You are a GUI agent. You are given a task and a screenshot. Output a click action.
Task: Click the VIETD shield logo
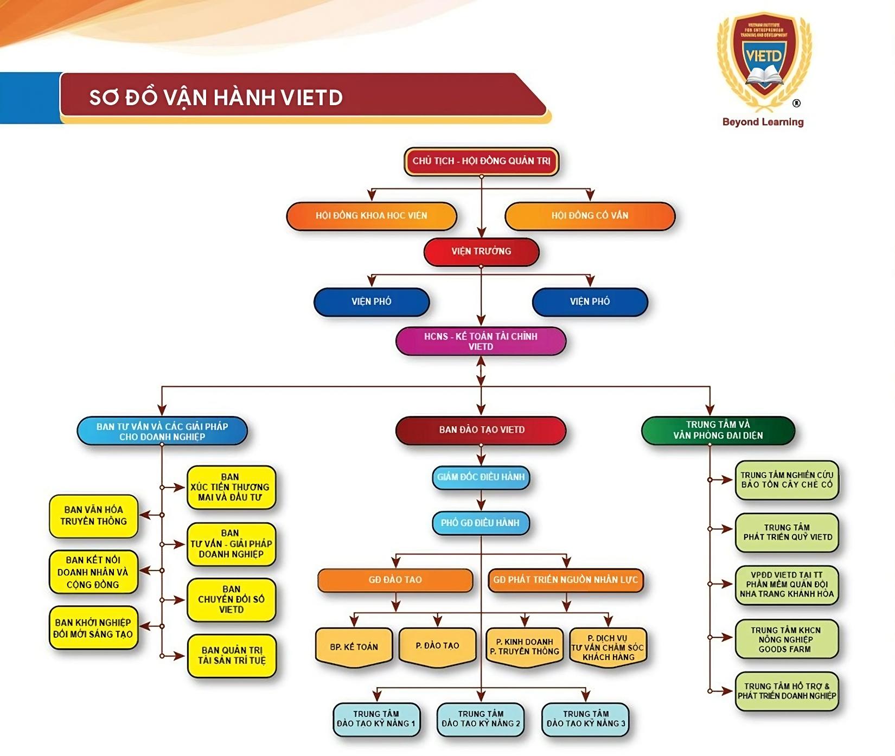coord(764,60)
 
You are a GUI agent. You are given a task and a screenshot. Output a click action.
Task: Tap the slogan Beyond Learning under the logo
coord(763,122)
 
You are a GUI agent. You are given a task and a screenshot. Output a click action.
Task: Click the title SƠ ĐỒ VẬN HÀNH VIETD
coord(216,98)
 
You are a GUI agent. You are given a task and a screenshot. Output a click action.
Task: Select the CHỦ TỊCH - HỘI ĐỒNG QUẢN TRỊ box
coord(481,161)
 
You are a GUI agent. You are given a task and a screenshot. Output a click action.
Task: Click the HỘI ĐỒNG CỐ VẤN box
coord(590,216)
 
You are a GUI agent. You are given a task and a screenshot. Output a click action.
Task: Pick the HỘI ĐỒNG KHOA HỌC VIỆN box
coord(372,216)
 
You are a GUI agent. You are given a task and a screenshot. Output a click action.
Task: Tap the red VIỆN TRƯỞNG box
coord(481,252)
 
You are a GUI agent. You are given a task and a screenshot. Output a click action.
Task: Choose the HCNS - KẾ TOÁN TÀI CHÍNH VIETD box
coord(481,341)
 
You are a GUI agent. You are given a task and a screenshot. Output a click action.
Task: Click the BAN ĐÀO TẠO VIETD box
coord(481,430)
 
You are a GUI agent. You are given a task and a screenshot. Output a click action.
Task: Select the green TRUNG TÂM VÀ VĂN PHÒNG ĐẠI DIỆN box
coord(718,430)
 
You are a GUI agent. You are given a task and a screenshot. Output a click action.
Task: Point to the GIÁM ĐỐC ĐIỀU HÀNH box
coord(481,477)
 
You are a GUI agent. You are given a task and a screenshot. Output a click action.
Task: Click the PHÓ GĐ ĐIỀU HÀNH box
coord(481,523)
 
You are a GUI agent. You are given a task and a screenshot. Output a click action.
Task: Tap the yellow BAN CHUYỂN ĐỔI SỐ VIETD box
coord(231,599)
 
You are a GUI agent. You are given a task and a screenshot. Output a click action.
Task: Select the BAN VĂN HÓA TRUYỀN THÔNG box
coord(94,516)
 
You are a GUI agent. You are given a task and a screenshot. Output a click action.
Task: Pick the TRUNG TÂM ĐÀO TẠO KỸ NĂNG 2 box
coord(481,719)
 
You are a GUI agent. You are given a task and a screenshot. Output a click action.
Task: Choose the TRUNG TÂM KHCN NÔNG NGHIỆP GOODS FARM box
coord(786,639)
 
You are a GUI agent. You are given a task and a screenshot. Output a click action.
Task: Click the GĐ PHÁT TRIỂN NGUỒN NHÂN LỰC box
coord(566,580)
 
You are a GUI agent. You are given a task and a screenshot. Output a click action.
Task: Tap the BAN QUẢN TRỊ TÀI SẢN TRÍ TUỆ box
coord(232,655)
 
